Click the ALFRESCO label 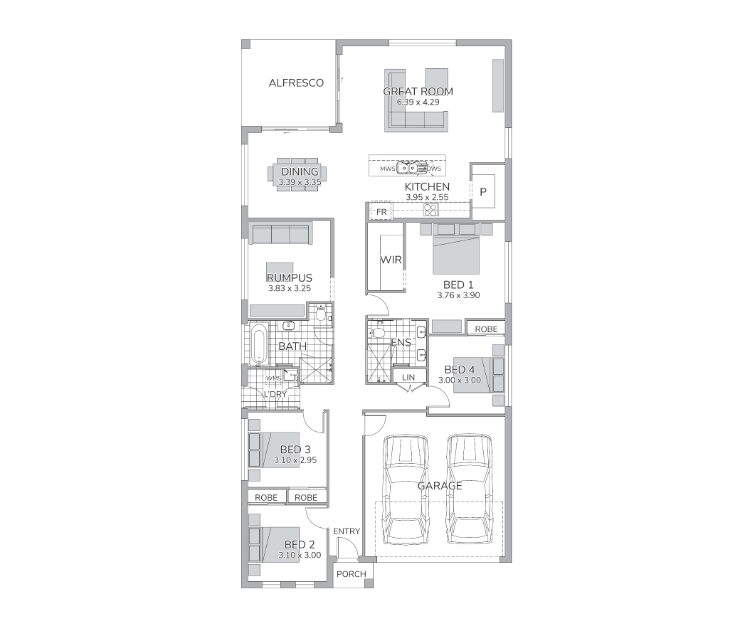point(296,83)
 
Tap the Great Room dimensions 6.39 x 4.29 point(418,102)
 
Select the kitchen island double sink point(407,167)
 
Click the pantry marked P point(483,191)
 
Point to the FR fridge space point(381,212)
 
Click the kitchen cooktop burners point(431,210)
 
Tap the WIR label point(391,260)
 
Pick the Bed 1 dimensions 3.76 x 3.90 point(458,295)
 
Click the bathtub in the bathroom point(258,344)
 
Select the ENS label point(401,342)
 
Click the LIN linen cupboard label point(408,377)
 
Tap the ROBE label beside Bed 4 point(486,329)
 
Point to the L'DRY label point(275,394)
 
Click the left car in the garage point(406,489)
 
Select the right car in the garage point(469,489)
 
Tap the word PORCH point(351,573)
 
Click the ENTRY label point(347,531)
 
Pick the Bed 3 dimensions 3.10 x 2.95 point(295,460)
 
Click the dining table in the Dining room point(297,174)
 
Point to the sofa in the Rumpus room point(280,235)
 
